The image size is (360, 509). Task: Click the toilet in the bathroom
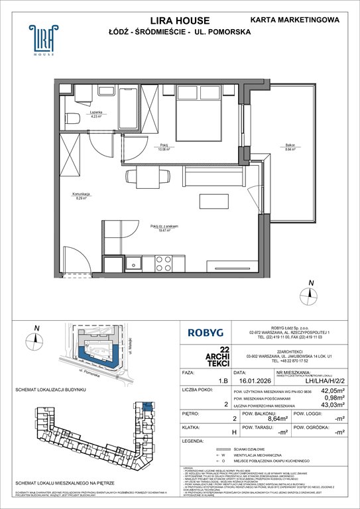72,119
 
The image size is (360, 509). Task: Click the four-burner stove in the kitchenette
162,263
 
